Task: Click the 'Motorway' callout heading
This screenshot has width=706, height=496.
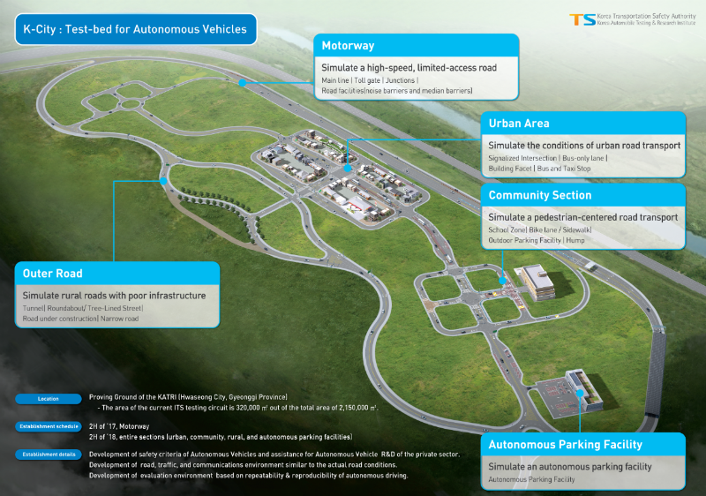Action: point(348,45)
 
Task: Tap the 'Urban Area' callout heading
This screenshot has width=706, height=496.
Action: point(519,124)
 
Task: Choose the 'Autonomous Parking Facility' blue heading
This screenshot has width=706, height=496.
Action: point(566,444)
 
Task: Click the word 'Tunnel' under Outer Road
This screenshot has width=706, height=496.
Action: point(36,308)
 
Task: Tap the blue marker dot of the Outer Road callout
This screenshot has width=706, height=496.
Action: point(163,180)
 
